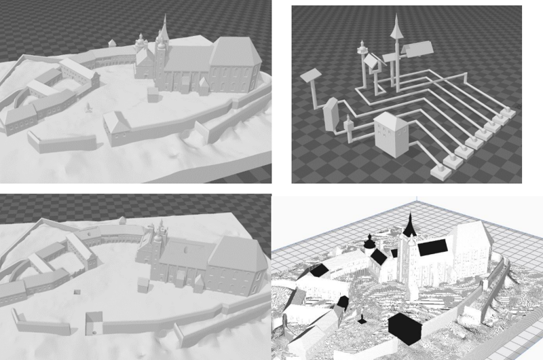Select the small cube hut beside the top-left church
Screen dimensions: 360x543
(154, 94)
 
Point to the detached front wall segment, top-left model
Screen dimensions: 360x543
(61, 141)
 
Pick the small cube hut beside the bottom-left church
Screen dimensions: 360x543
(144, 284)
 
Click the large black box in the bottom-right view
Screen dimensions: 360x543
(406, 328)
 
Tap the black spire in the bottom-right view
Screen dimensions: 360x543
(409, 225)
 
